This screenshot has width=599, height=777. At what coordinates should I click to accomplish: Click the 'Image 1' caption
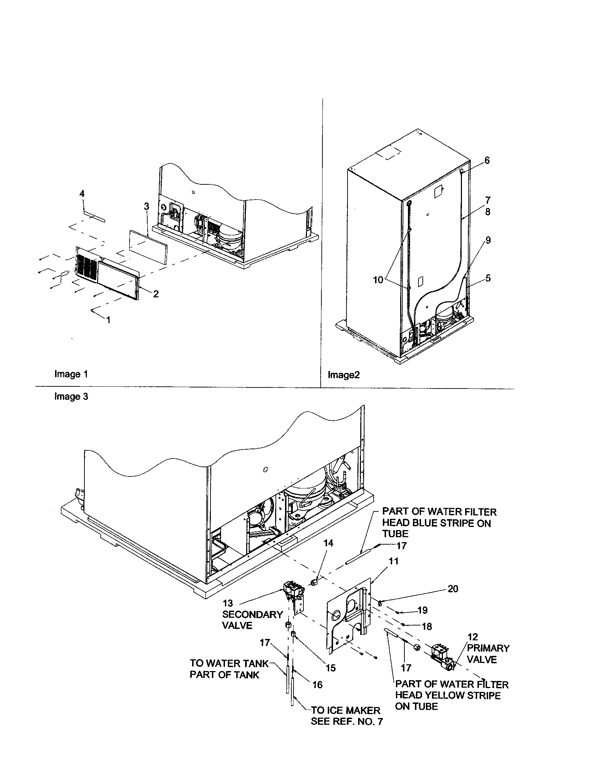71,374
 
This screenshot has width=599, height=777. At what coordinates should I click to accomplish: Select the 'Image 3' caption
71,396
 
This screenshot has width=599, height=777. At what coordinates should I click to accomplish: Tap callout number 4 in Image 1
82,194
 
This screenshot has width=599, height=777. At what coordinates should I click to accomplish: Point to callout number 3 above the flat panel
147,206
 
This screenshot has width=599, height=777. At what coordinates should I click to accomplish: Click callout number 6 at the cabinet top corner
487,160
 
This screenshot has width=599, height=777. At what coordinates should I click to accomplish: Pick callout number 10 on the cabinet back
378,280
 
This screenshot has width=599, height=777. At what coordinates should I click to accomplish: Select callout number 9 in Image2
488,240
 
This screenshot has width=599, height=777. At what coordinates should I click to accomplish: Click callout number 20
453,589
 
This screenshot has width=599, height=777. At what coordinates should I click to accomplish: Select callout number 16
317,684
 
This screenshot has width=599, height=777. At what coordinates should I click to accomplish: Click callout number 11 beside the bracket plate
393,561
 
